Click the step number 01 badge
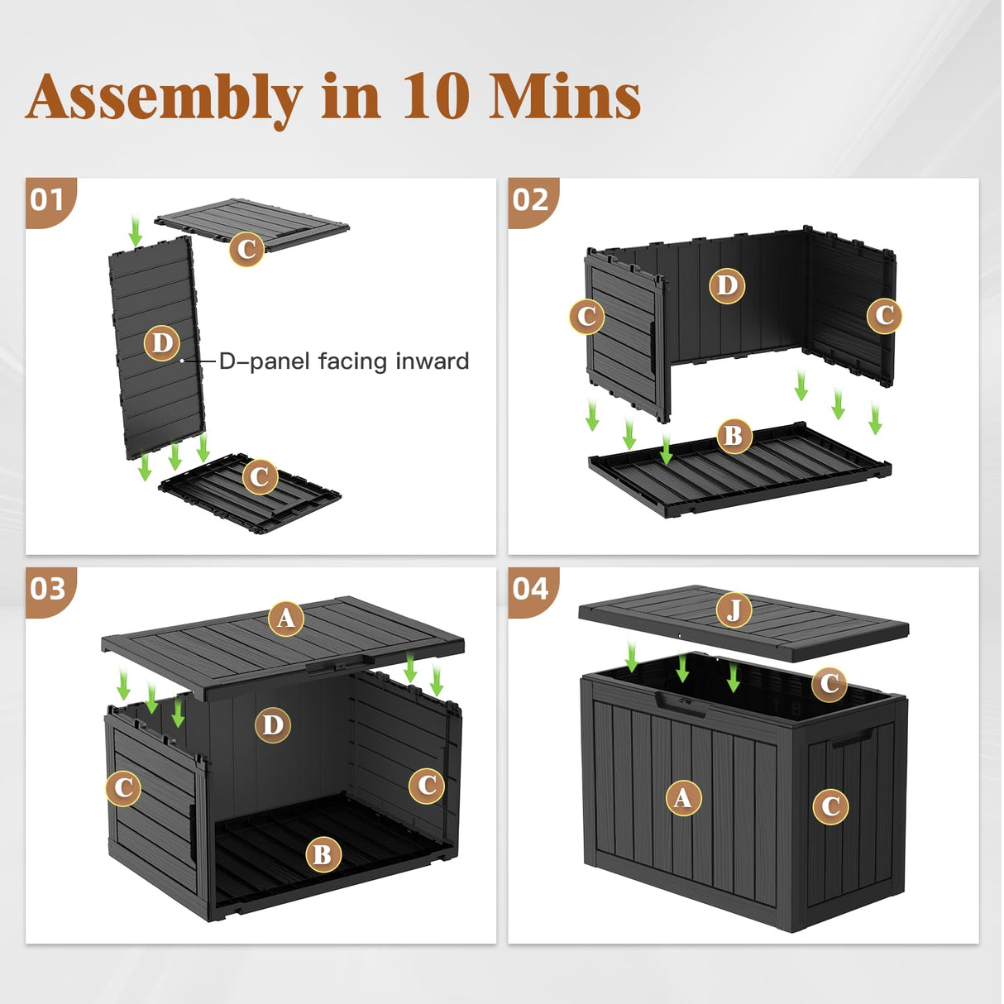point(47,199)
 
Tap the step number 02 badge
point(530,199)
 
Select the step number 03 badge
point(47,589)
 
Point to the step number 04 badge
point(530,589)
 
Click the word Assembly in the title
point(163,98)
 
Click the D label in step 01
point(162,342)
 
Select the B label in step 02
point(733,435)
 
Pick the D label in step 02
point(727,285)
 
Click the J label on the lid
point(734,610)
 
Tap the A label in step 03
point(285,618)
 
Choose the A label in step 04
point(683,797)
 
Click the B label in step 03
point(323,853)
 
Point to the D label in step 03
point(273,725)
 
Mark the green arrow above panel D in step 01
point(136,230)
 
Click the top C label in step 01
point(246,249)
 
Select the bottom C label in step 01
point(260,476)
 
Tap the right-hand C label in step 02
point(884,315)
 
